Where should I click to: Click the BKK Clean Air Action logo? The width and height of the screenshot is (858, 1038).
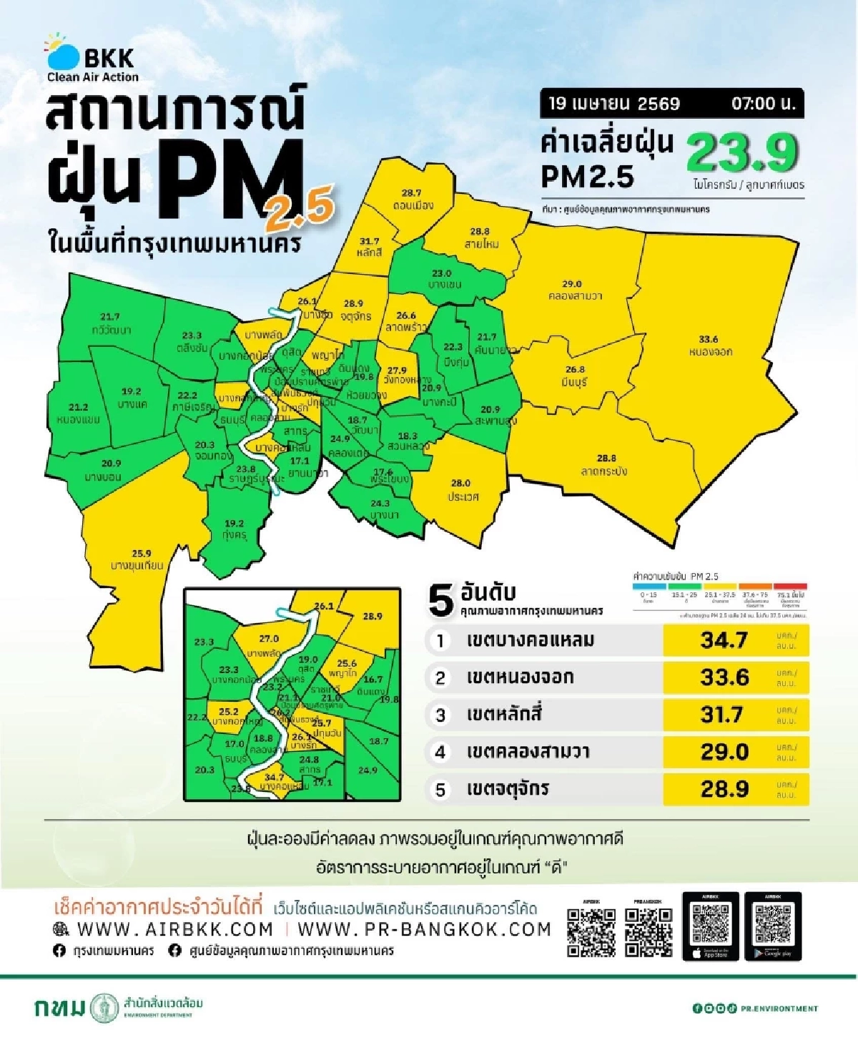tap(92, 59)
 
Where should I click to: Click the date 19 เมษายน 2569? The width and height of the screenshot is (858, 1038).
tap(613, 104)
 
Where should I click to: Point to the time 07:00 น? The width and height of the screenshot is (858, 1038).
tap(763, 104)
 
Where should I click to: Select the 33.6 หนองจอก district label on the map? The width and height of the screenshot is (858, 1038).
tap(710, 346)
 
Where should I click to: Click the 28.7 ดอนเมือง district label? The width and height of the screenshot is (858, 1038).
tap(412, 200)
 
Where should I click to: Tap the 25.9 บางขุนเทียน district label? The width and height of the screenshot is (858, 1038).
tap(138, 559)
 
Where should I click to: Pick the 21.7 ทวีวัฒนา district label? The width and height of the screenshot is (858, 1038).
tap(111, 323)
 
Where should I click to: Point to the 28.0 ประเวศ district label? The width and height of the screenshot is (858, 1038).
tap(462, 490)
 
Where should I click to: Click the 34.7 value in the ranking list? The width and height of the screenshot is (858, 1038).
tap(724, 640)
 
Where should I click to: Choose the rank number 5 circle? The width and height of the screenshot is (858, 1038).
tap(440, 790)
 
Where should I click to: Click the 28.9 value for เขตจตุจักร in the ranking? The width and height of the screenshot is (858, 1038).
tap(724, 789)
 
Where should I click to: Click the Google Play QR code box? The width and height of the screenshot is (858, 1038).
tap(773, 926)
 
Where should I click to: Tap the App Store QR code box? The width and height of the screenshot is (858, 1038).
tap(711, 926)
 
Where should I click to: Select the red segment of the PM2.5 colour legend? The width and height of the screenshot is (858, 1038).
tap(790, 587)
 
